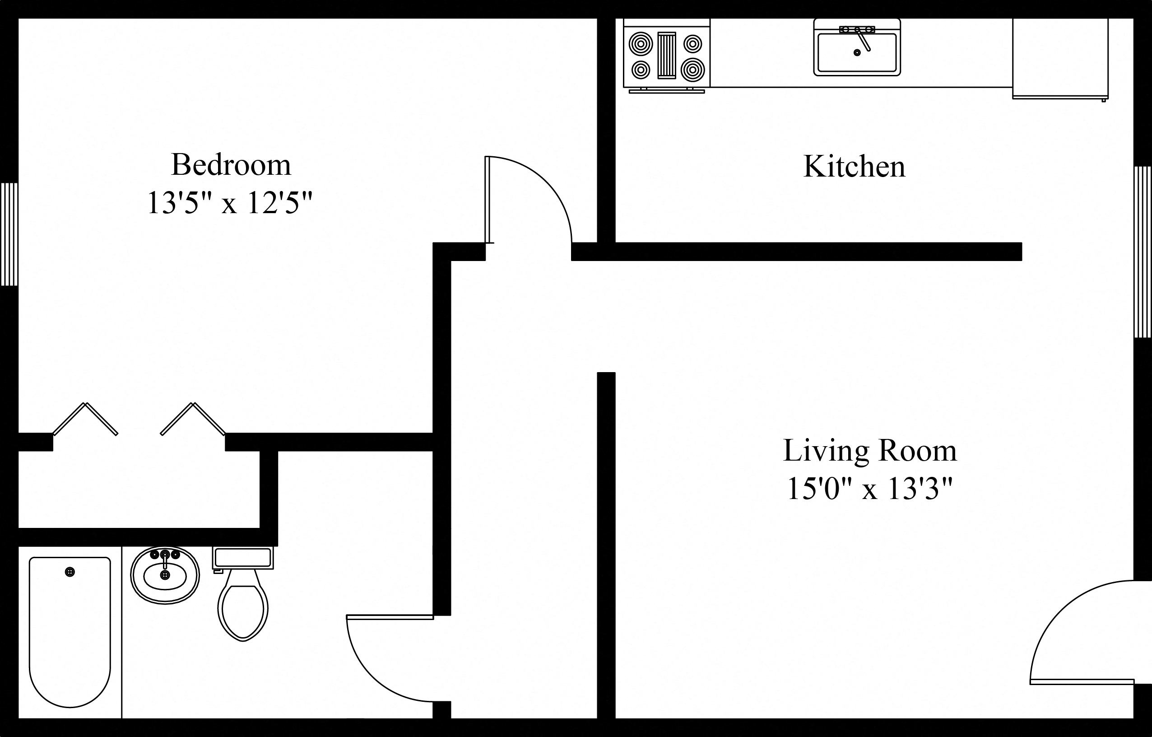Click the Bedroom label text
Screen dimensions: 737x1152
click(231, 165)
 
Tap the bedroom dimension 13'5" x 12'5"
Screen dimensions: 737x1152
click(230, 203)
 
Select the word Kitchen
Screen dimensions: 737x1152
click(854, 167)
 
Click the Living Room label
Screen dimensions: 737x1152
click(869, 451)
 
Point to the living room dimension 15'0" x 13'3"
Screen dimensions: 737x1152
click(869, 489)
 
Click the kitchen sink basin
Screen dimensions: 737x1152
click(857, 54)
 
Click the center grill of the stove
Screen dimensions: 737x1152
click(666, 55)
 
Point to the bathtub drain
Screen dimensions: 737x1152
click(70, 572)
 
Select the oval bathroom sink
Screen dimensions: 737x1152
click(165, 576)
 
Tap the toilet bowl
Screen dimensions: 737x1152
click(243, 610)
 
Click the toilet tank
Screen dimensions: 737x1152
click(243, 558)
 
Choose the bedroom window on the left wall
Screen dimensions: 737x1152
click(9, 234)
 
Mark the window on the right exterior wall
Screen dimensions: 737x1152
click(1143, 252)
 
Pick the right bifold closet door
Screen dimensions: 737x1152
click(193, 419)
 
